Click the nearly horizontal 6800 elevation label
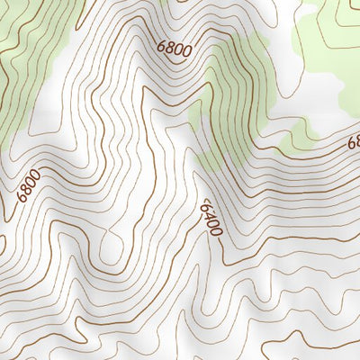click(174, 49)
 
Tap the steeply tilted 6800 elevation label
click(28, 187)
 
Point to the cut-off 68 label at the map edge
click(354, 141)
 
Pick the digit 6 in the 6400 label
click(206, 205)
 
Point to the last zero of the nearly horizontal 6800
click(186, 52)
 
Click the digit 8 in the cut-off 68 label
click(356, 140)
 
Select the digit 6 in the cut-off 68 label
click(351, 142)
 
